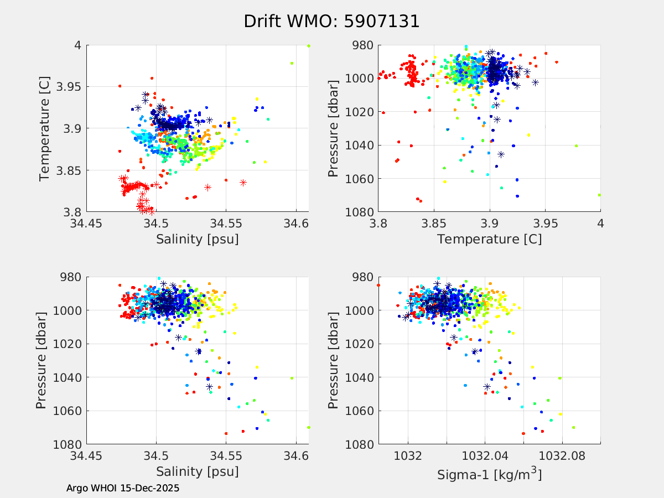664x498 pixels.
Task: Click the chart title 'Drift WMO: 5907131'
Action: [331, 21]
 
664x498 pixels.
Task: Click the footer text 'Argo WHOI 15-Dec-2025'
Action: [123, 488]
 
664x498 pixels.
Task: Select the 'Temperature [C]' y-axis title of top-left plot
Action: [45, 128]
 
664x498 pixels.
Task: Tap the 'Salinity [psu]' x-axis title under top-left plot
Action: [198, 239]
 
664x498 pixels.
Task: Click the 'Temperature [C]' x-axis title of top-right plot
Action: [489, 239]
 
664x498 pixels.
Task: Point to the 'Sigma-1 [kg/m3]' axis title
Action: [489, 474]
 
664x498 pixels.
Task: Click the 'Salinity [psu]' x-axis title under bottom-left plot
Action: [198, 471]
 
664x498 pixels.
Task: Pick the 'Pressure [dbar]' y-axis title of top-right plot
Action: [333, 128]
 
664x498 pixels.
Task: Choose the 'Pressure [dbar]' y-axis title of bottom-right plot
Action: [333, 361]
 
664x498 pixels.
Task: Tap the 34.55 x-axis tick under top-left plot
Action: [226, 224]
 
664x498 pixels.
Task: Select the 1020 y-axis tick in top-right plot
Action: [360, 112]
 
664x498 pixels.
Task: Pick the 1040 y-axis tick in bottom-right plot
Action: [360, 377]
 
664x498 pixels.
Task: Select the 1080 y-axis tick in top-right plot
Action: [360, 212]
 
